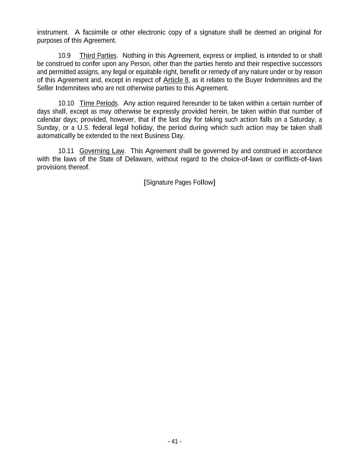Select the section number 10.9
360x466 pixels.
click(64, 56)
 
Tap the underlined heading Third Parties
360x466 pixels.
click(98, 56)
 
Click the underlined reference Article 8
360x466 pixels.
click(176, 80)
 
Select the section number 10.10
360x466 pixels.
click(66, 103)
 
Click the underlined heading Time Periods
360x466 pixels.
click(99, 103)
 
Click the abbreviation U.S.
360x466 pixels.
click(83, 128)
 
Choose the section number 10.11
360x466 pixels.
click(66, 151)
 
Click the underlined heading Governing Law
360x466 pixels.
click(102, 151)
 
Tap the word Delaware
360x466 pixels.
click(139, 159)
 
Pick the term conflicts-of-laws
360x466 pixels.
click(298, 159)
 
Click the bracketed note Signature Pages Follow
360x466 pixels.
click(179, 182)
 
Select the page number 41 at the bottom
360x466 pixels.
click(175, 441)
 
